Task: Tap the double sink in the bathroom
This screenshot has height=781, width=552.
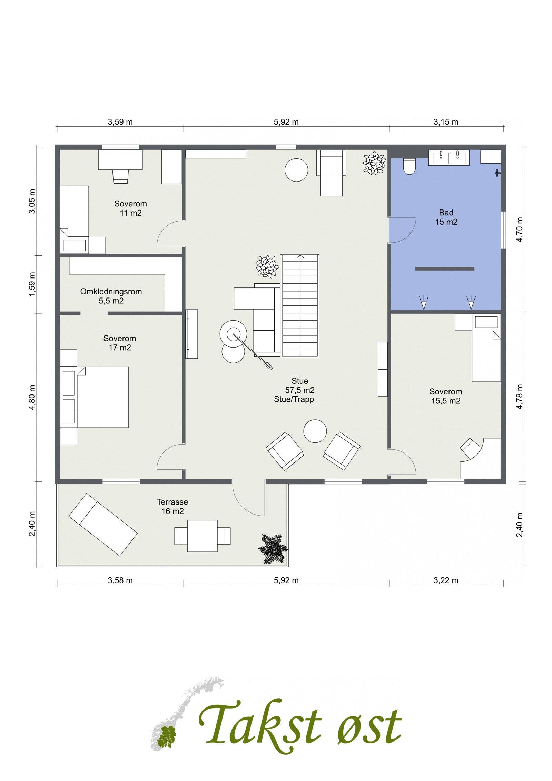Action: tap(448, 157)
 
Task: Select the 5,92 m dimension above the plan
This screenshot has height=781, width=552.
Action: tap(286, 122)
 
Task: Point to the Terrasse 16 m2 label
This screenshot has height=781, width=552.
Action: tap(172, 507)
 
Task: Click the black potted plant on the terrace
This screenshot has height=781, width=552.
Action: tap(274, 549)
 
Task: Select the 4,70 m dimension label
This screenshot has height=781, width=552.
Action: tap(520, 229)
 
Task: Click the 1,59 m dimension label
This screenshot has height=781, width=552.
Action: tap(32, 284)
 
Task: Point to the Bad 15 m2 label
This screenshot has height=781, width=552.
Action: tap(446, 217)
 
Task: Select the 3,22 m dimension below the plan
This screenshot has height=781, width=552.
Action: tap(446, 580)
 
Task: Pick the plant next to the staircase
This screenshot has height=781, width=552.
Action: tap(267, 266)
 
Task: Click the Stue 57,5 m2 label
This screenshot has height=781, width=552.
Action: tap(299, 386)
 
